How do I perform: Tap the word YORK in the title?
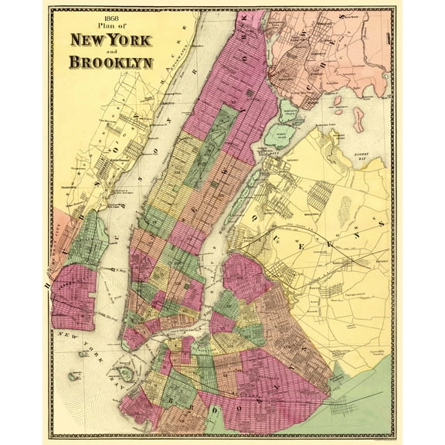131,41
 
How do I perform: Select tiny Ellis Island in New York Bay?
83,355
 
